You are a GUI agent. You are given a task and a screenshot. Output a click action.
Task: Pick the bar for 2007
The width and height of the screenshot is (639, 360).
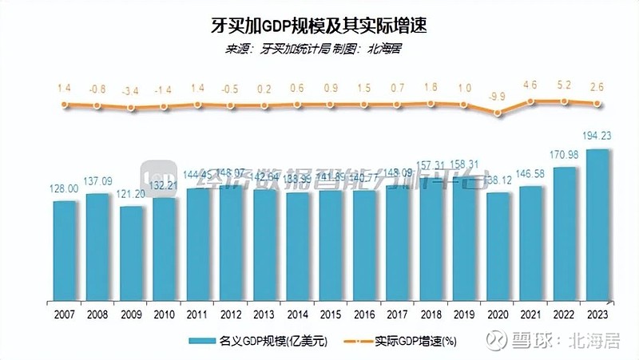(x=65, y=249)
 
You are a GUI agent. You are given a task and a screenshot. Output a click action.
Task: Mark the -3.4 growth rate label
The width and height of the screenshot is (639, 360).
(x=131, y=90)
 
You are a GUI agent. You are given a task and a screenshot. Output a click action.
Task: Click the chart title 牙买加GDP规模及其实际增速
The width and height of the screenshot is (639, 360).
(x=319, y=26)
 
